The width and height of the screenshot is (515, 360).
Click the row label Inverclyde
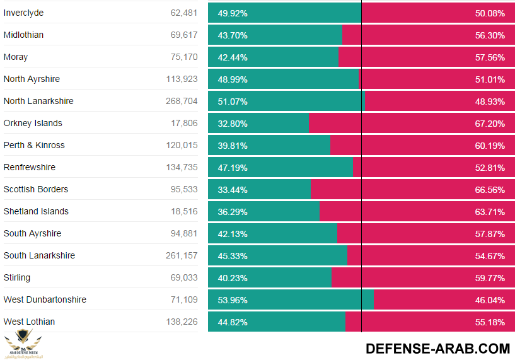[x=23, y=13]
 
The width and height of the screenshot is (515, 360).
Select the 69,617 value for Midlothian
[x=183, y=35]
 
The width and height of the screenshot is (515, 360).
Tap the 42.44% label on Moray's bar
[x=233, y=57]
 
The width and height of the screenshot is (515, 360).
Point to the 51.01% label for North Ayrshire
[x=490, y=79]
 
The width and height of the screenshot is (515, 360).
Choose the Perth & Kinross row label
[x=34, y=145]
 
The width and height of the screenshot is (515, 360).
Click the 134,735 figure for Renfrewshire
[x=182, y=167]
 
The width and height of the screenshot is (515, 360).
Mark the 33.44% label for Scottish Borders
[x=233, y=190]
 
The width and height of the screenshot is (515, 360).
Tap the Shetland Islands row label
[x=36, y=211]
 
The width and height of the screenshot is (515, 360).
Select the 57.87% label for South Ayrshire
[x=490, y=234]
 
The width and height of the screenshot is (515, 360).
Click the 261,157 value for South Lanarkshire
[x=182, y=255]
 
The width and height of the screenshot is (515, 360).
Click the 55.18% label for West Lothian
[x=490, y=322]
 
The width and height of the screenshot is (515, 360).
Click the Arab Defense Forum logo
[x=24, y=344]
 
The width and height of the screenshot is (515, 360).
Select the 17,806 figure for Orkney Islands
[x=184, y=123]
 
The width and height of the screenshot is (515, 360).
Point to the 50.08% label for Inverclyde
[x=490, y=13]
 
